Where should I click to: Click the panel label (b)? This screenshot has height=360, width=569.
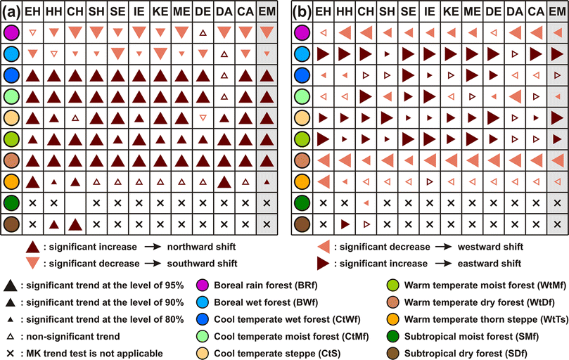301,11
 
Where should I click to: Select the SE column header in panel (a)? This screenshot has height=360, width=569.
117,12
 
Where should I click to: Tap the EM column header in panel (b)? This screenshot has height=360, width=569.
557,12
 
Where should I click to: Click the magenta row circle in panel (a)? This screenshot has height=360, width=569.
10,32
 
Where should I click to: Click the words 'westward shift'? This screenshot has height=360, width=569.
486,247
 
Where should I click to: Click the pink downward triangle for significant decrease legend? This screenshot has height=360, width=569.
32,263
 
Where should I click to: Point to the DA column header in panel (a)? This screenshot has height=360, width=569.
224,12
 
